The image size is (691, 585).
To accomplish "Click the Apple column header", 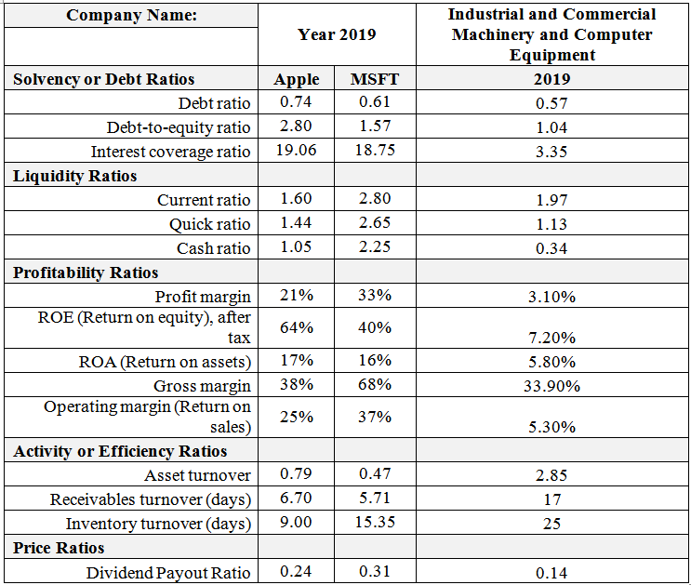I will click(297, 79).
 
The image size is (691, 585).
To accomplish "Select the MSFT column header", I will click(374, 79).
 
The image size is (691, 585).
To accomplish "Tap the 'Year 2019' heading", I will click(337, 34).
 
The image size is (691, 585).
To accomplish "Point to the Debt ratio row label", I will click(214, 102).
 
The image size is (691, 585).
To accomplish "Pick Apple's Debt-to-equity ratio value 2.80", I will click(297, 126).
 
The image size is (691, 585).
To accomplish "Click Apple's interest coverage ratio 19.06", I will click(297, 150).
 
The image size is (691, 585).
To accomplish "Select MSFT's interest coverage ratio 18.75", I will click(374, 150).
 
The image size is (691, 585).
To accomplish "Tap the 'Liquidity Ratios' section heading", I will click(75, 176).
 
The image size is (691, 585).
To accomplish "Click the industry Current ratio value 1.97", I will click(551, 200).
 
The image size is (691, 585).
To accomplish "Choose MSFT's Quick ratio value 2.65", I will click(374, 222).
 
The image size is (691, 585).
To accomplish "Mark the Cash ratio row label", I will click(213, 248).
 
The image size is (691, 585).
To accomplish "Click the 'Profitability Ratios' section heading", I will click(86, 273).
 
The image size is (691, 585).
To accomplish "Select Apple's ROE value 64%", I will click(297, 327).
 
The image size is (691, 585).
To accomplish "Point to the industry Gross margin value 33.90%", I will click(551, 386).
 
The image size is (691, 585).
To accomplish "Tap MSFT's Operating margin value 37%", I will click(374, 417).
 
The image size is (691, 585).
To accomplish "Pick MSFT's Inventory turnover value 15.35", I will click(374, 522).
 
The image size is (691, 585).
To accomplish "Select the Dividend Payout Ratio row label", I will click(168, 572).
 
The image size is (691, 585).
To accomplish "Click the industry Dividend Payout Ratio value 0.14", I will click(551, 573).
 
